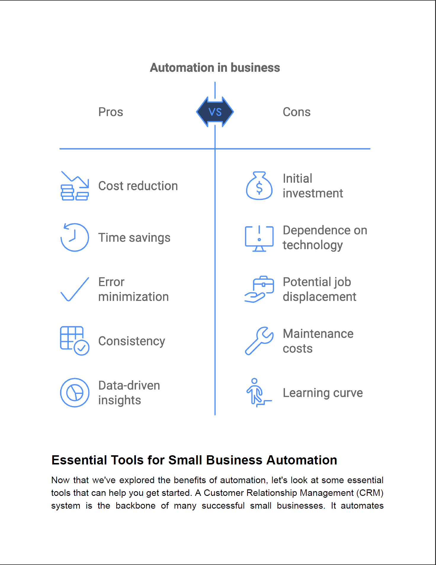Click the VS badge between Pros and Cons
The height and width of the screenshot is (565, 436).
coord(215,112)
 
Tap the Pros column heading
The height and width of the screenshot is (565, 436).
coord(110,112)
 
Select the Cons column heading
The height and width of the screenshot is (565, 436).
coord(296,112)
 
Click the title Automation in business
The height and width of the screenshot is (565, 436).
coord(215,68)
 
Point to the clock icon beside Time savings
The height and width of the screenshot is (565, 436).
coord(75,238)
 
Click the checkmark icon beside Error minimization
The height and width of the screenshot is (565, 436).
coord(75,289)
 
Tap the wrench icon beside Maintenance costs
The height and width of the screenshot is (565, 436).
coord(259,341)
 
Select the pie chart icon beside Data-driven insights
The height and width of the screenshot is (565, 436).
coord(75,392)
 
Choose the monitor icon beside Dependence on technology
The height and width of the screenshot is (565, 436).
coord(259,238)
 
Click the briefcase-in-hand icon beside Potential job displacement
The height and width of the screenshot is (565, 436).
coord(259,289)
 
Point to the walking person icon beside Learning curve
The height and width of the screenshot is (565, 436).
coord(258,392)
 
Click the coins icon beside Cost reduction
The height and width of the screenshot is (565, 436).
coord(75,186)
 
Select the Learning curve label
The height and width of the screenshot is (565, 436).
coord(323,393)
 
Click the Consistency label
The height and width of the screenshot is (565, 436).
coord(132,341)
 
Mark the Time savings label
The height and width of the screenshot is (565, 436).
coord(134,238)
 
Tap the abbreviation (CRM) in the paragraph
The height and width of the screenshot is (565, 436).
coord(370,493)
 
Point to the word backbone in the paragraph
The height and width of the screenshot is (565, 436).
coord(135,505)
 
